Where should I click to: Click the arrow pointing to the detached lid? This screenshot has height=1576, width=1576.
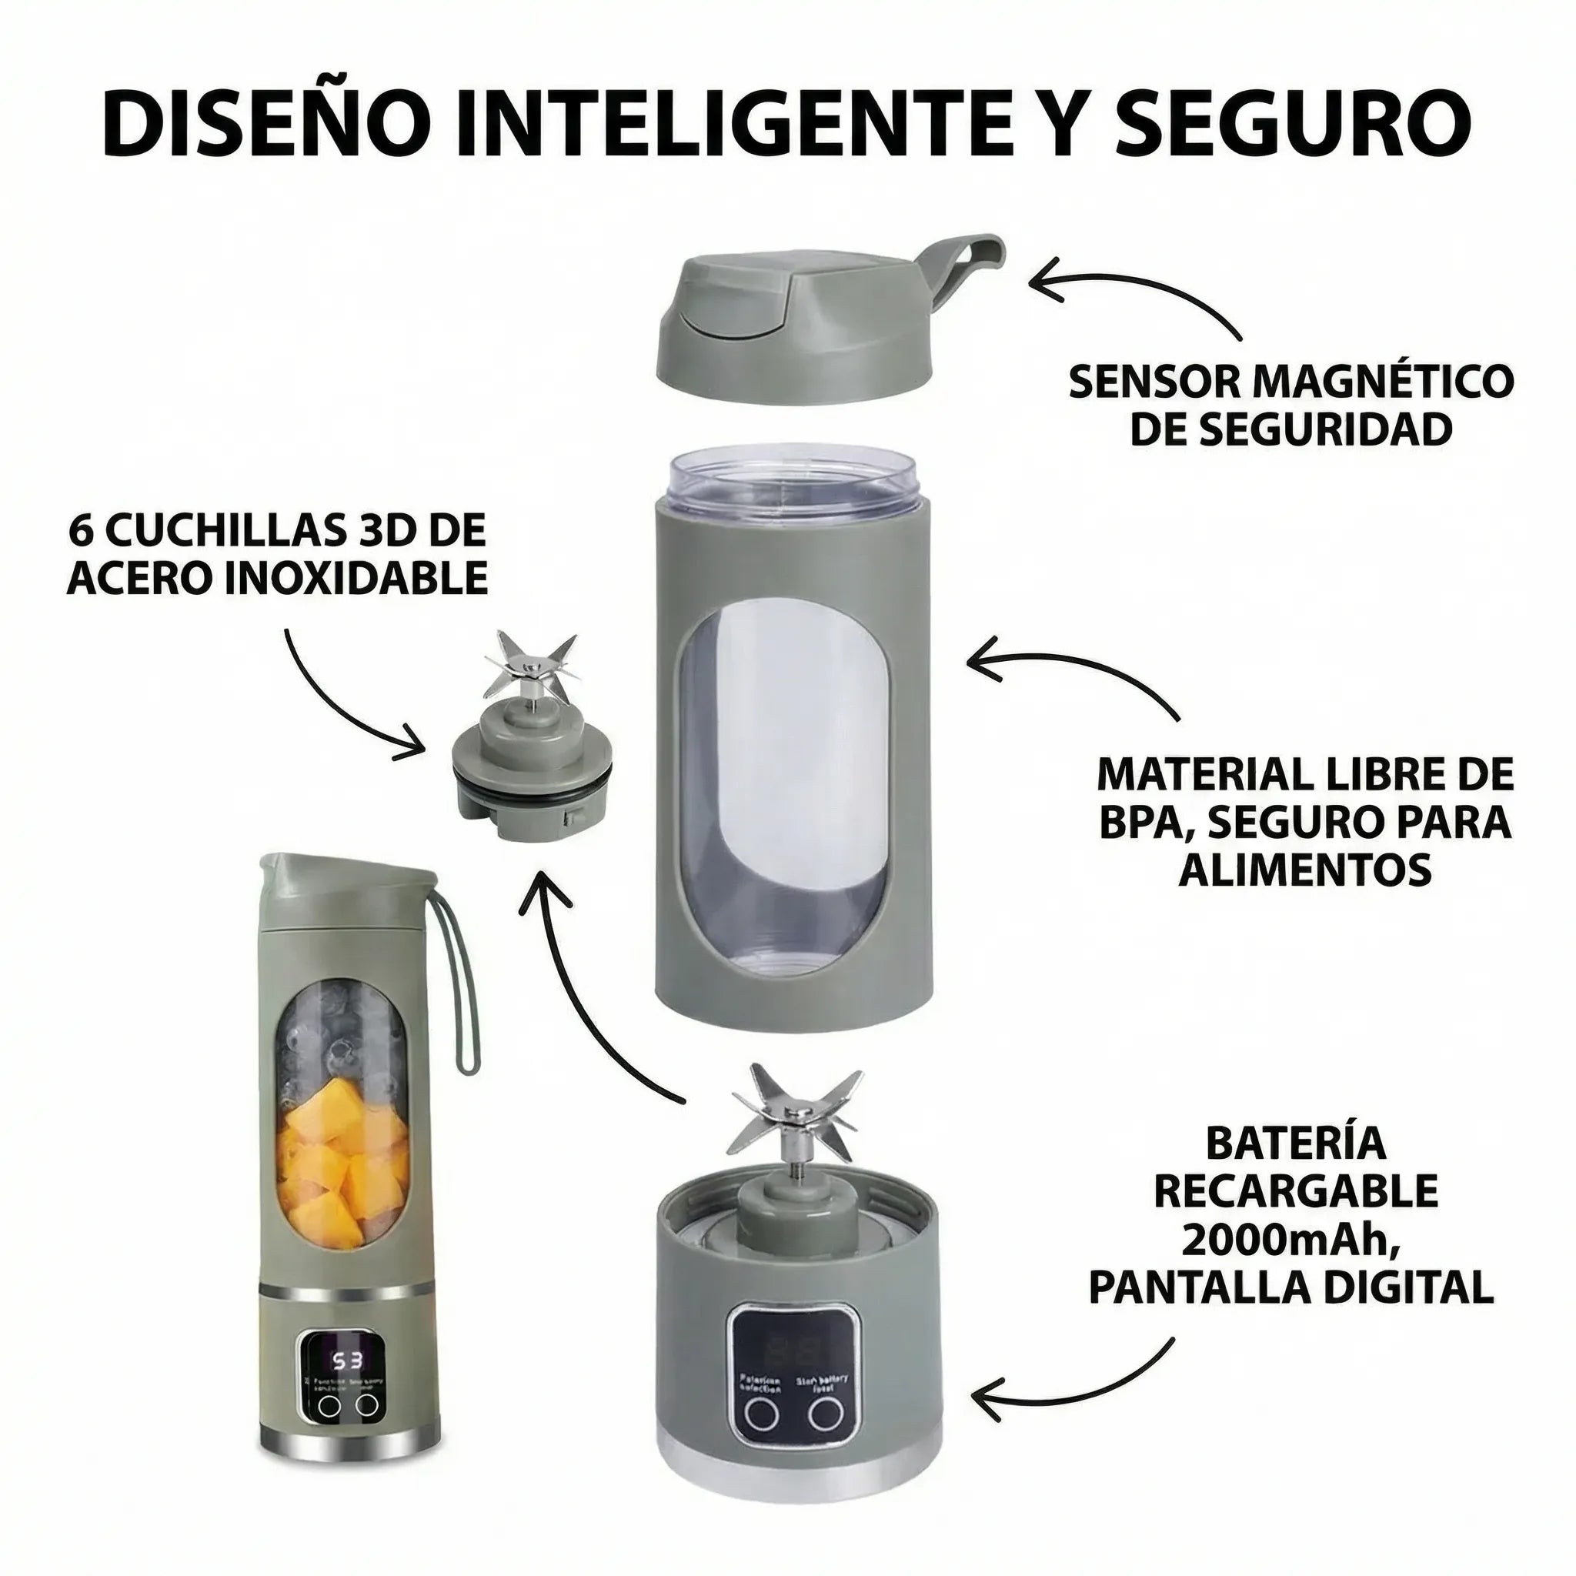(1134, 294)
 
